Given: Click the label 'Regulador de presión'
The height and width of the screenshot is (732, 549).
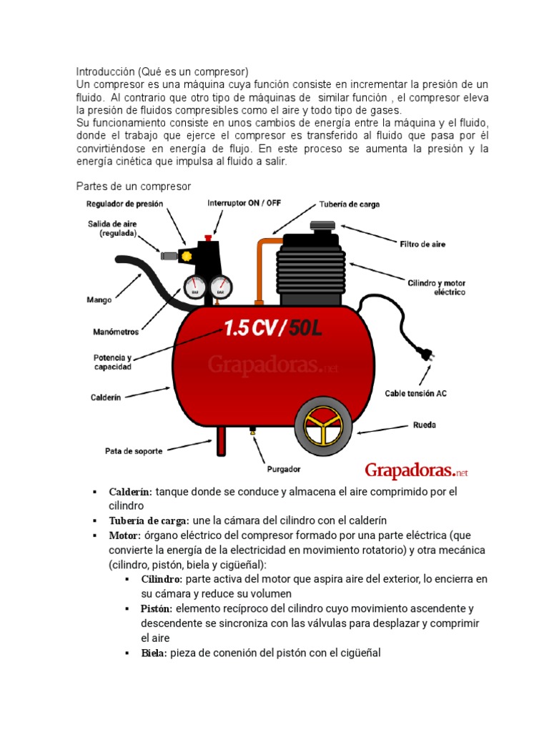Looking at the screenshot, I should pos(124,204).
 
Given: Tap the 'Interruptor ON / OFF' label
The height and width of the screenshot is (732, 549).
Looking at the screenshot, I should pos(244,203).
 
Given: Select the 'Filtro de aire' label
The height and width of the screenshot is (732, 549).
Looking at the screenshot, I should pos(422,244).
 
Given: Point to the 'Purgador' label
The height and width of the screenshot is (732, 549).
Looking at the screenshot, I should pos(283,470).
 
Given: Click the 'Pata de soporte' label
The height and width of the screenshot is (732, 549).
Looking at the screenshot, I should pos(134,451).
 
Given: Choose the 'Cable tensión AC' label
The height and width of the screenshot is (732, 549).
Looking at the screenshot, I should pos(416,393).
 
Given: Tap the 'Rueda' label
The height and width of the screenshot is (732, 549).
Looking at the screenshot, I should pos(424,425).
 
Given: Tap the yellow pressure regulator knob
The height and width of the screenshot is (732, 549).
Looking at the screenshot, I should pos(187,255).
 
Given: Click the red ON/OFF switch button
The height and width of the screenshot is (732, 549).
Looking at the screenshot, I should pos(208,237).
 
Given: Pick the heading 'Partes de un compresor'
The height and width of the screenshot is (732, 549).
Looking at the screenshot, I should pos(134,187).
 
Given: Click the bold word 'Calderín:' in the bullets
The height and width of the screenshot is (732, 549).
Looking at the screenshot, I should pos(130,492).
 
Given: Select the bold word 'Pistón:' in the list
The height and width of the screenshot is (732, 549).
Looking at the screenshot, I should pos(157,608).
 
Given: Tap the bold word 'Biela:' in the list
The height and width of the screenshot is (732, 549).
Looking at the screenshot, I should pos(154,653).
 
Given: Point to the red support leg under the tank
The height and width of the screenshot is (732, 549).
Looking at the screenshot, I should pos(222,442).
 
